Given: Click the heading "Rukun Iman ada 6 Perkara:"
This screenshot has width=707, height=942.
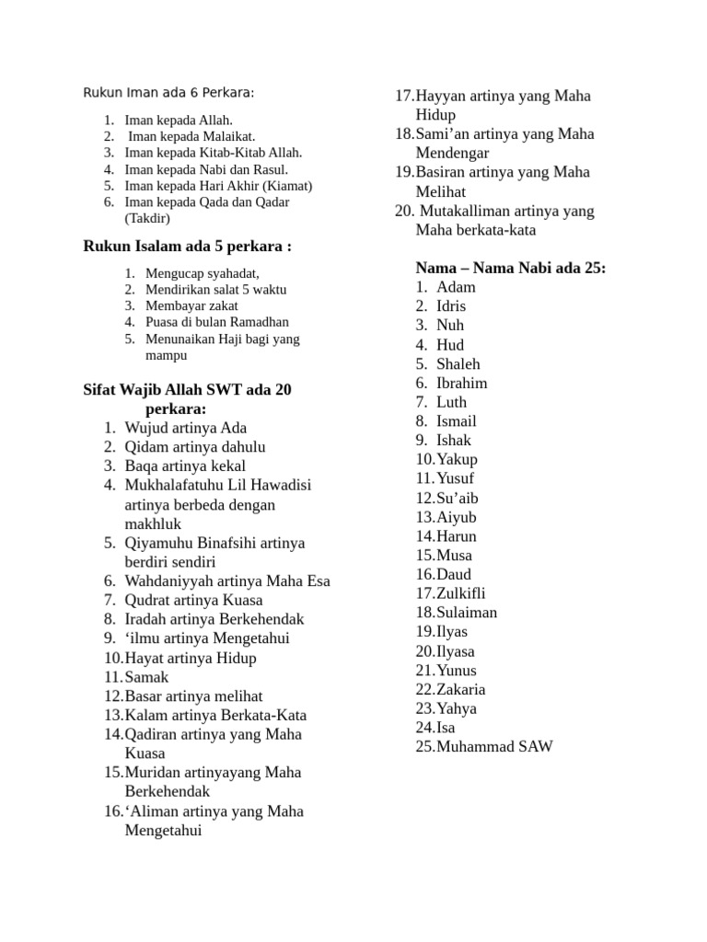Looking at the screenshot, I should pos(168,93).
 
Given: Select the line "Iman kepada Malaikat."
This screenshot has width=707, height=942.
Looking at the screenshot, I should pos(191,136).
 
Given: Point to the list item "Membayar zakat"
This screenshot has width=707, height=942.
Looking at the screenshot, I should pos(191,305).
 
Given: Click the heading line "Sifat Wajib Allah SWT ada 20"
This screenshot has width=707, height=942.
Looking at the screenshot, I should pos(187,390).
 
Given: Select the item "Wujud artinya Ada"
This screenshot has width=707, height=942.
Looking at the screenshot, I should pos(185,428).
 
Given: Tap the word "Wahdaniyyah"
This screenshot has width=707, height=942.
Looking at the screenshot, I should pos(168,581).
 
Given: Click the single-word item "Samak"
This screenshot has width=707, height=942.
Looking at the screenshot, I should pos(146,677).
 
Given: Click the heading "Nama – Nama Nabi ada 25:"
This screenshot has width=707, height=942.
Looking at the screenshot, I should pos(510,268).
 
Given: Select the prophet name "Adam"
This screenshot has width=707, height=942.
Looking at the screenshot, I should pos(456,287).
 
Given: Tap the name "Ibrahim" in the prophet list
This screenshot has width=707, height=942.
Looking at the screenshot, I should pos(461,383).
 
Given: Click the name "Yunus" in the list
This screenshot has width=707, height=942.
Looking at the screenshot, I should pos(457,671).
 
